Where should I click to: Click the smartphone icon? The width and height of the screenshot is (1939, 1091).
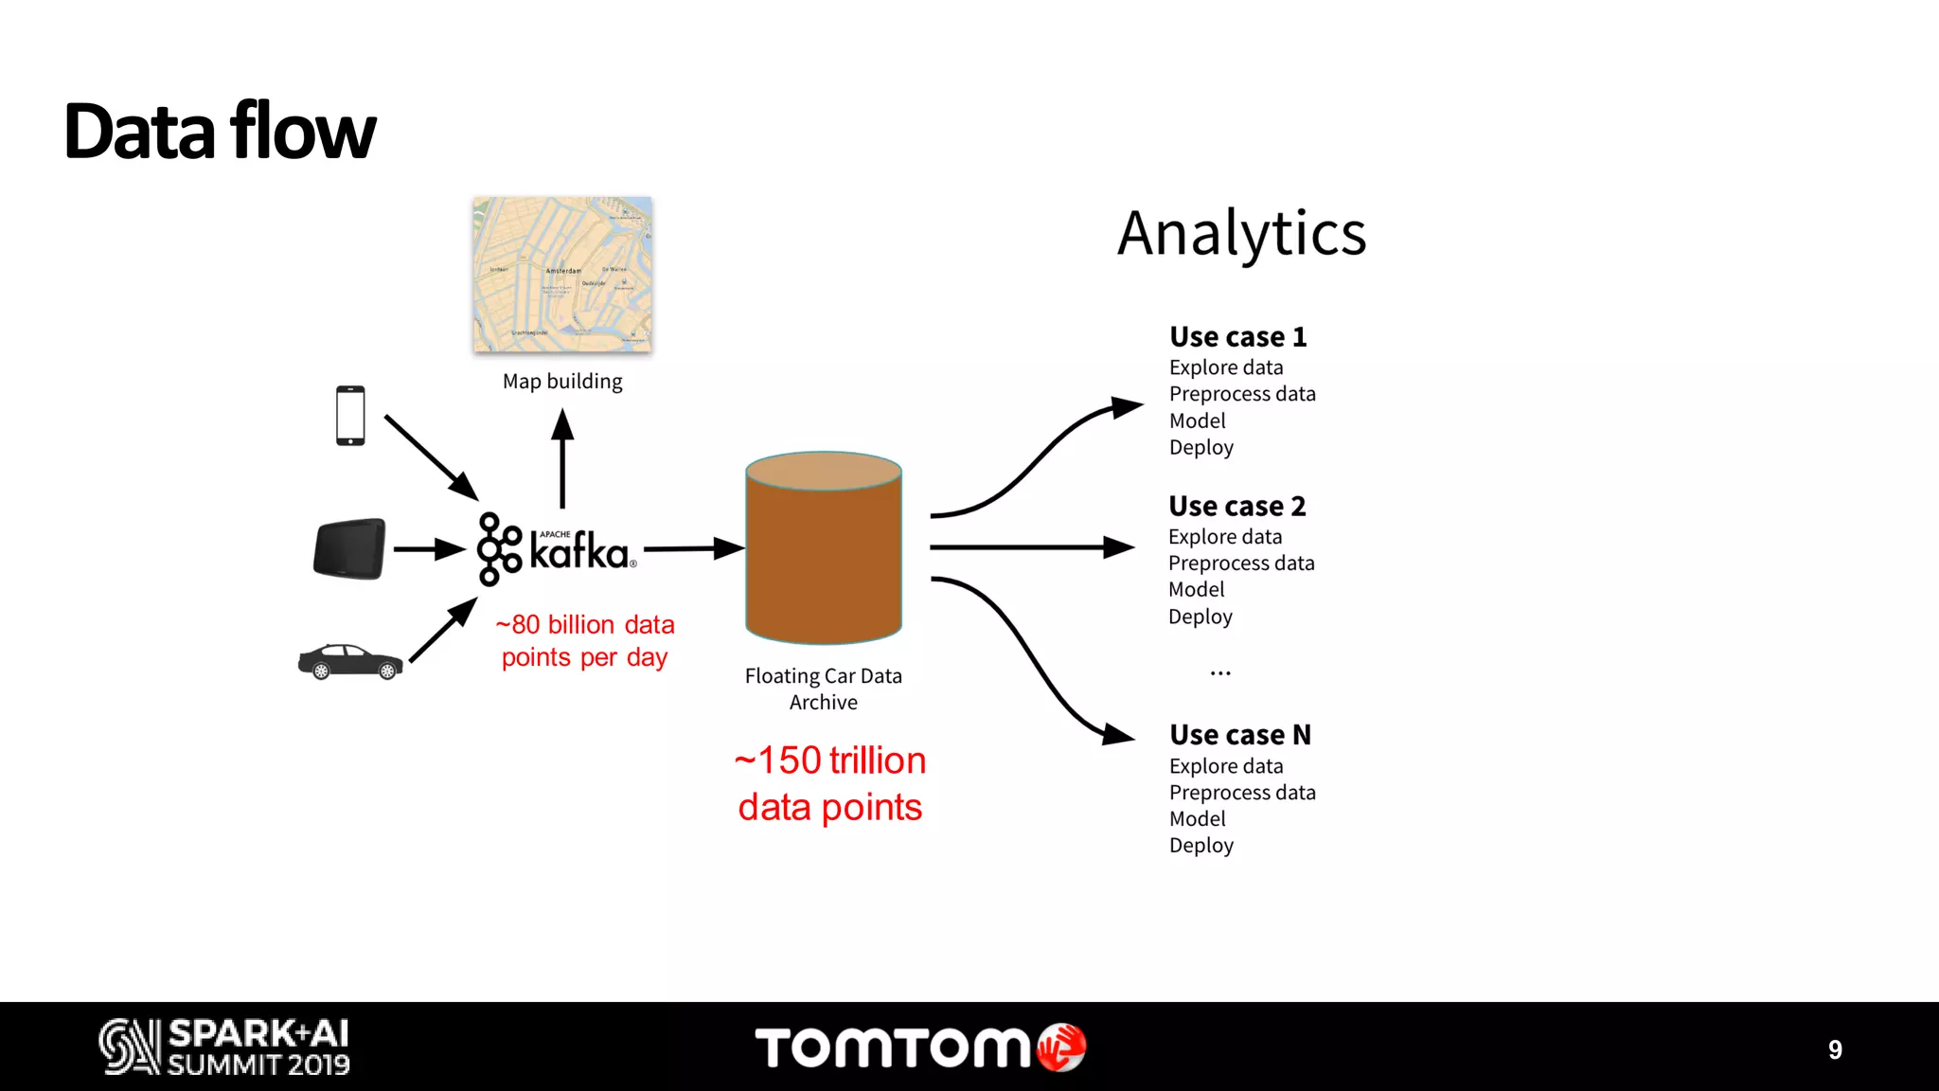pos(350,415)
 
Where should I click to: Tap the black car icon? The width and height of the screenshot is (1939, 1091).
pos(350,662)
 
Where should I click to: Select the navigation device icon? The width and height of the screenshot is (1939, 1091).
pos(349,548)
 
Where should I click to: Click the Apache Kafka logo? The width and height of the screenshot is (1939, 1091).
pos(556,549)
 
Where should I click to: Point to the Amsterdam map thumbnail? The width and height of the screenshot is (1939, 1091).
pos(562,275)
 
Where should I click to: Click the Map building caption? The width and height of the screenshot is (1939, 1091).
pos(562,382)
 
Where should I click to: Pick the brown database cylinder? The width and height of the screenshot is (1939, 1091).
pos(824,549)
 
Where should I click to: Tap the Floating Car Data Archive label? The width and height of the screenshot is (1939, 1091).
pos(824,689)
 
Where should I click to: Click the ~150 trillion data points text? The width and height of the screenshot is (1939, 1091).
pos(829,783)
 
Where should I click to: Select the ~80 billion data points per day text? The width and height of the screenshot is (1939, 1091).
pos(585,641)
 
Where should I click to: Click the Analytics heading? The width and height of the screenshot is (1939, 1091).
pos(1241,233)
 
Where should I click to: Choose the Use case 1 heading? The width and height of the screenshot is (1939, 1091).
pos(1237,337)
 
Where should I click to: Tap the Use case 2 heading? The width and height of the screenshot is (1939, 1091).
pos(1236,507)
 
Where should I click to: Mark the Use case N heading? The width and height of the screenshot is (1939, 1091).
pos(1240,735)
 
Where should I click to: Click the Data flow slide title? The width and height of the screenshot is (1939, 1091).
pos(220,131)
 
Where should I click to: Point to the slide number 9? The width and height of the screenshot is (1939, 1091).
pos(1835,1049)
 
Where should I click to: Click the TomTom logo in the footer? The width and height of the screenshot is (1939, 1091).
pos(919,1047)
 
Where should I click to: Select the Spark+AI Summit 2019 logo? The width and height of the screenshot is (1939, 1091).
pos(224,1046)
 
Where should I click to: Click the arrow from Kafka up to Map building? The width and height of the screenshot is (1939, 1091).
pos(562,458)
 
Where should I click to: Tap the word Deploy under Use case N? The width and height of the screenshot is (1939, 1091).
pos(1201,846)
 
